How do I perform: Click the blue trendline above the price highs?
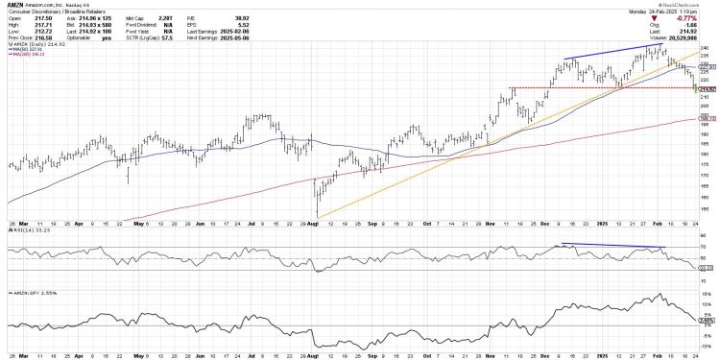614,53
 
